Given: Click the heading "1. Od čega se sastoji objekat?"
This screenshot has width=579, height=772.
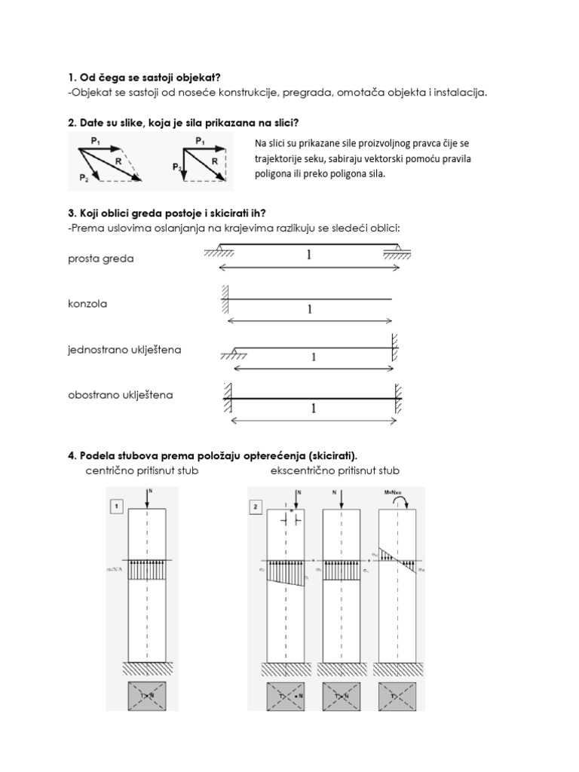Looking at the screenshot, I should [144, 77].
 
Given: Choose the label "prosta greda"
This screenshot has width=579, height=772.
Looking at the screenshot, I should [100, 259].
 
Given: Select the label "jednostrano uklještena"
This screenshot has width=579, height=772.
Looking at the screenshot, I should [124, 350].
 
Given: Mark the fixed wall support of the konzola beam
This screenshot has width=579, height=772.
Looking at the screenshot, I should [225, 299].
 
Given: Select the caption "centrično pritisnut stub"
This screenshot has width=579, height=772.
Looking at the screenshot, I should [142, 470].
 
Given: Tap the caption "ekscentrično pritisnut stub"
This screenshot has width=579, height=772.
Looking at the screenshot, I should [335, 470].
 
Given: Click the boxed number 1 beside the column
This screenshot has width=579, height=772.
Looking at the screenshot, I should [117, 507].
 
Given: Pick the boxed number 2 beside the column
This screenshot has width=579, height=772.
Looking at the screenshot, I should [258, 507].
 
